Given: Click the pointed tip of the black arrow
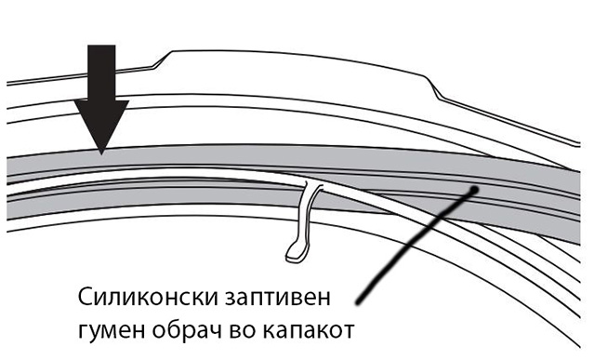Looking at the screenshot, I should pyautogui.click(x=101, y=153).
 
